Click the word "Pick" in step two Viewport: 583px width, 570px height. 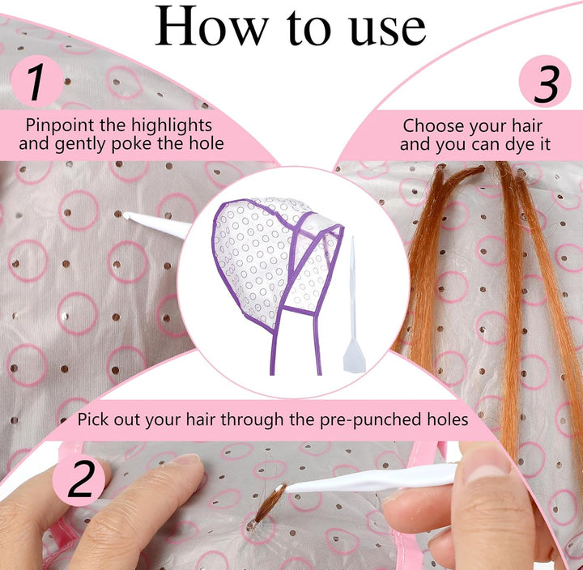click(94, 420)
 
